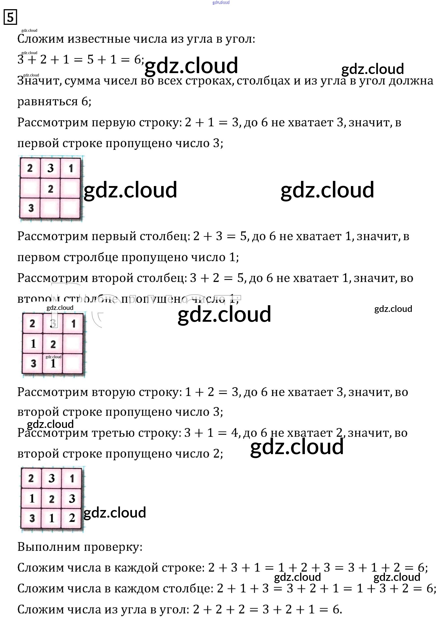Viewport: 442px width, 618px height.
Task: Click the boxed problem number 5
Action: coord(10,17)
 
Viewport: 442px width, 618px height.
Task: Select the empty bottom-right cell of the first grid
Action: coord(71,208)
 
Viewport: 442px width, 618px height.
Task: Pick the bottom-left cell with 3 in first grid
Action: coord(30,208)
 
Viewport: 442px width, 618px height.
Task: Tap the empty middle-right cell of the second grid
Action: coord(73,344)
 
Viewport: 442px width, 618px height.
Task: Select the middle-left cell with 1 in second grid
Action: coord(33,344)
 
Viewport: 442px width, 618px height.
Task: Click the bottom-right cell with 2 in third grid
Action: coord(72,518)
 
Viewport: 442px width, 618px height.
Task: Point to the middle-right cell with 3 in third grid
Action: coord(72,498)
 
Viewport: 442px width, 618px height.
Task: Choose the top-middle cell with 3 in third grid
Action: coord(51,478)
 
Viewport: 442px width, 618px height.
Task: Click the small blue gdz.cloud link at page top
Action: coord(221,2)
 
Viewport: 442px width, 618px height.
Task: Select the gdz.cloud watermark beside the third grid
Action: coord(115,512)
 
